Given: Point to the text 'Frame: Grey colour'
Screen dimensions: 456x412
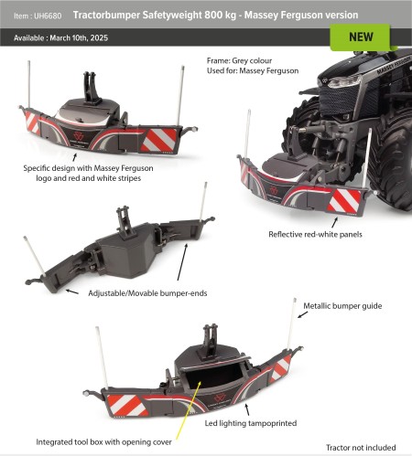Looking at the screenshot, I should point(243,60).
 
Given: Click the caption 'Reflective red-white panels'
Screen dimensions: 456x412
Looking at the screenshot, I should point(317,234).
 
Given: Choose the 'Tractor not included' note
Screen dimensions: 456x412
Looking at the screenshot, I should point(363,447).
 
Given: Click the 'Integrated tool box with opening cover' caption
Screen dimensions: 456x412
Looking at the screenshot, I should point(101,441).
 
